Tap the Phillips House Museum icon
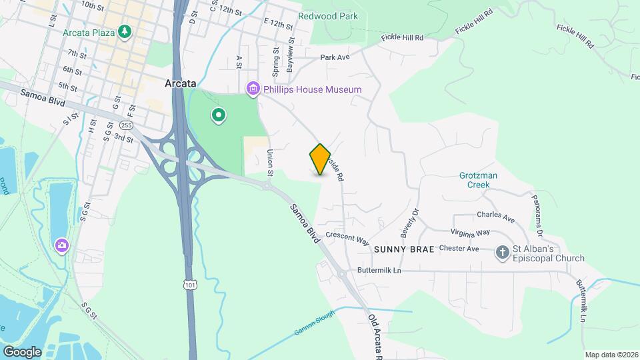click(253, 89)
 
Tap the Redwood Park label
click(328, 16)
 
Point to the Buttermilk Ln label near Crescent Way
click(379, 270)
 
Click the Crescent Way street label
click(347, 238)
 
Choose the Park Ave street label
click(335, 57)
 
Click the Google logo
click(22, 351)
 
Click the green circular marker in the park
click(218, 116)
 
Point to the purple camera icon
click(61, 246)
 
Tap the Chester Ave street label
click(460, 249)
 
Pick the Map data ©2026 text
click(610, 355)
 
